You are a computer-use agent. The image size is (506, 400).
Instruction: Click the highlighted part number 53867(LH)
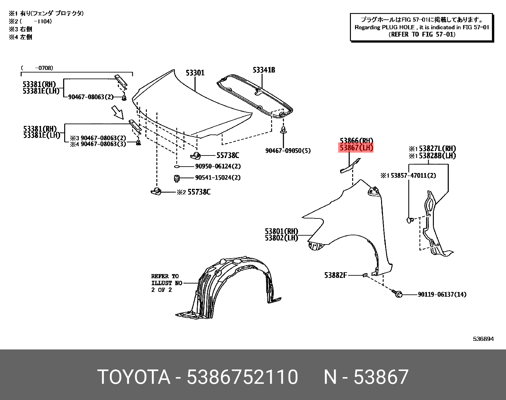356,148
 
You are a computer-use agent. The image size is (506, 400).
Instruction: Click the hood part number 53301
195,73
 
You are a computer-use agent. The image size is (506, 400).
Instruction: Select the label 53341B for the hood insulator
264,70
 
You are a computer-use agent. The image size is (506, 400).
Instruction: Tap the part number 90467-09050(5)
288,150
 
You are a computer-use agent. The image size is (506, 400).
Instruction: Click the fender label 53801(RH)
281,231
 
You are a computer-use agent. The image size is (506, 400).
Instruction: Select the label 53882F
335,275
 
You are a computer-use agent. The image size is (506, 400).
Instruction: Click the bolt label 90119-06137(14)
442,294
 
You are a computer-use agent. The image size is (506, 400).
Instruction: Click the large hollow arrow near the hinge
117,112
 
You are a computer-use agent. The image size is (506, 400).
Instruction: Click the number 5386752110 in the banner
242,377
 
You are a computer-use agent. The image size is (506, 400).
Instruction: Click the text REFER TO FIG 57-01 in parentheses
422,34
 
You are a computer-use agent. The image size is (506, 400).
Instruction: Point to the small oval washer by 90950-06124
177,166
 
